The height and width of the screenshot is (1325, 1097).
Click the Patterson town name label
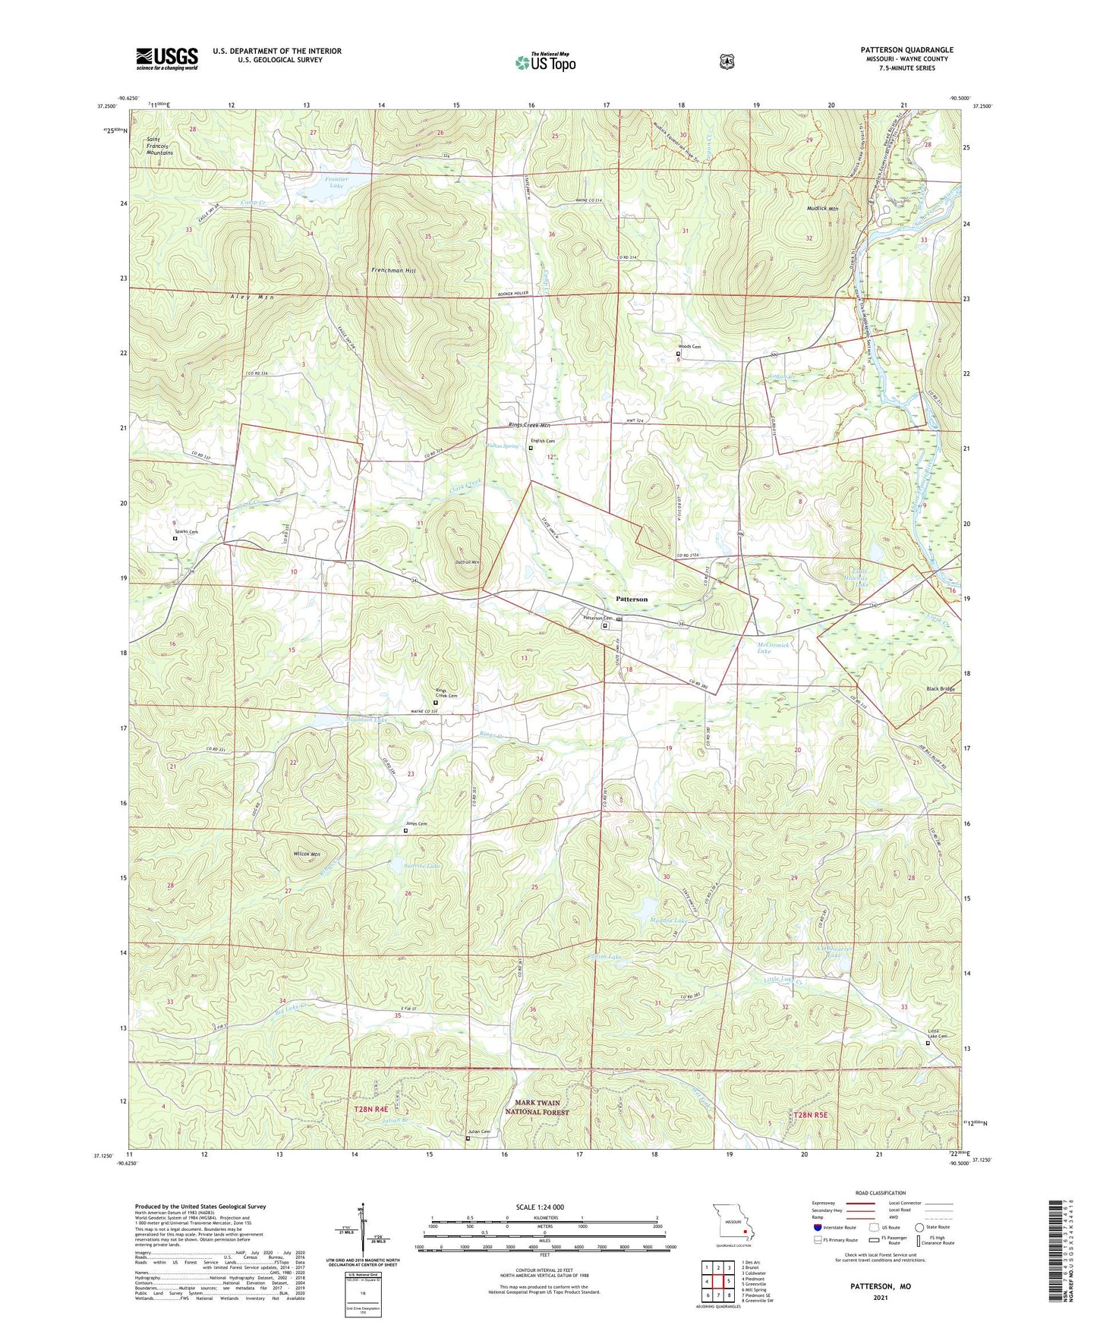coord(632,599)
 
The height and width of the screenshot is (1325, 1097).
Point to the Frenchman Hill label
coord(394,270)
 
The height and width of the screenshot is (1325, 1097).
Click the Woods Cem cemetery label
coord(689,347)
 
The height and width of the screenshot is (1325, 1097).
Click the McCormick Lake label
coord(774,647)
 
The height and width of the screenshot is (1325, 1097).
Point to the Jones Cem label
coord(416,824)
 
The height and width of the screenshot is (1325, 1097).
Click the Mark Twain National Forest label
coord(537,1107)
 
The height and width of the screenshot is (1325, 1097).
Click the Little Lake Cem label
coord(938,1034)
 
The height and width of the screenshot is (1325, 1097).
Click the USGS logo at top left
coord(167,58)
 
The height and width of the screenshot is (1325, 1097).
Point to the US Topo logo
coord(545,61)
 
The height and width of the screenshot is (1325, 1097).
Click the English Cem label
coord(543,441)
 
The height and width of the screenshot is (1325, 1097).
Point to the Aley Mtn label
coord(247,297)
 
